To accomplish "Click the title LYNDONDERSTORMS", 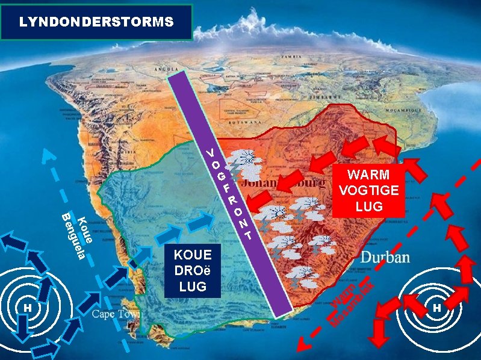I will [x=96, y=22].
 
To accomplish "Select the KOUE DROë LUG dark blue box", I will [x=192, y=270].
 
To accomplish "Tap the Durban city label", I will [x=385, y=258].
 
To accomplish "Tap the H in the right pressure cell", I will [x=437, y=308].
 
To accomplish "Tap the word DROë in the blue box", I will [x=193, y=270].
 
